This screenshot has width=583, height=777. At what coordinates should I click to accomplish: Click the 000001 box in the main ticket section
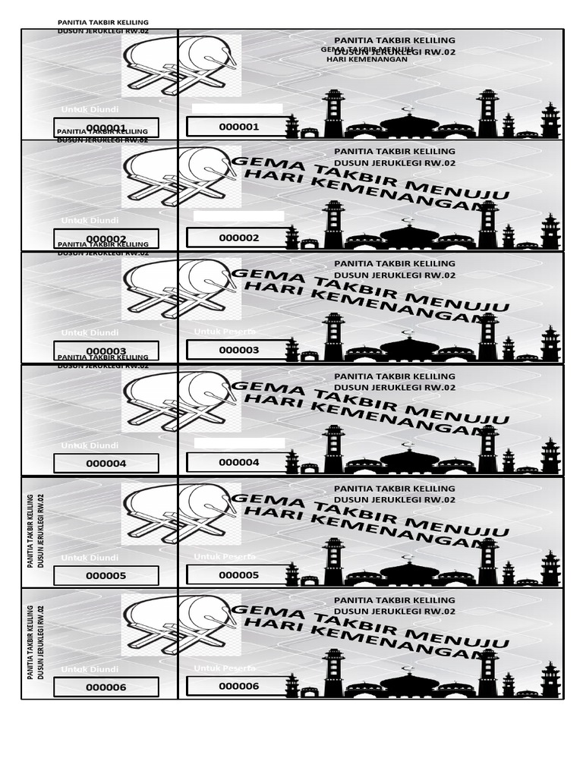pos(238,127)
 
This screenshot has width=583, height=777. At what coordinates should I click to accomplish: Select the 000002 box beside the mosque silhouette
pos(238,238)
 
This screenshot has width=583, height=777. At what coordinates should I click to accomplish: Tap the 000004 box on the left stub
pos(106,463)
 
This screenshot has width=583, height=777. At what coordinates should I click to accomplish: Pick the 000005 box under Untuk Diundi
pos(106,575)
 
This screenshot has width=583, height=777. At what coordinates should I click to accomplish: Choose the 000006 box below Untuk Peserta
pos(238,686)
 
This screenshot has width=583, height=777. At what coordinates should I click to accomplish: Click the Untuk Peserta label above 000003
pos(225,332)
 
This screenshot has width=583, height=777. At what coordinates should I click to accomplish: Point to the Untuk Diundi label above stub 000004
pos(90,445)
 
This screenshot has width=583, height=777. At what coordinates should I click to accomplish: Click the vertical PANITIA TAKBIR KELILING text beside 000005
pos(30,531)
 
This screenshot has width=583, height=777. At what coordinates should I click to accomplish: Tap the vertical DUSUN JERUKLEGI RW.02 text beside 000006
pos(41,642)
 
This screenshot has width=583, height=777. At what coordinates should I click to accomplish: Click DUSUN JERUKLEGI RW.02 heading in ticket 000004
pos(395,387)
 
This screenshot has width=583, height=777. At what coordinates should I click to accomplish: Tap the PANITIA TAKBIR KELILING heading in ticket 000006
pos(395,599)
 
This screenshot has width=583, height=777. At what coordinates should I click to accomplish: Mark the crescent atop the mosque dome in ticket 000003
pos(409,332)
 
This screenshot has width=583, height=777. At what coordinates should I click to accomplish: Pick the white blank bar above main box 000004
pos(239,442)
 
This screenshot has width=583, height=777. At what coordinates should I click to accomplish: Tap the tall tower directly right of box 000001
pos(333,114)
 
